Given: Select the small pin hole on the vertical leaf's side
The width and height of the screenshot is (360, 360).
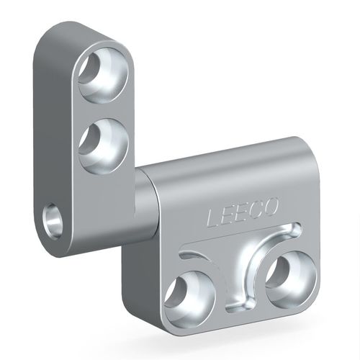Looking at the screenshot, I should tap(53, 221).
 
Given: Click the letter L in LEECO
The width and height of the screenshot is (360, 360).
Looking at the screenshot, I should tap(214, 217).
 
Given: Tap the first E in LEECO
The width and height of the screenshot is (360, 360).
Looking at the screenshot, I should tap(228, 215).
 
